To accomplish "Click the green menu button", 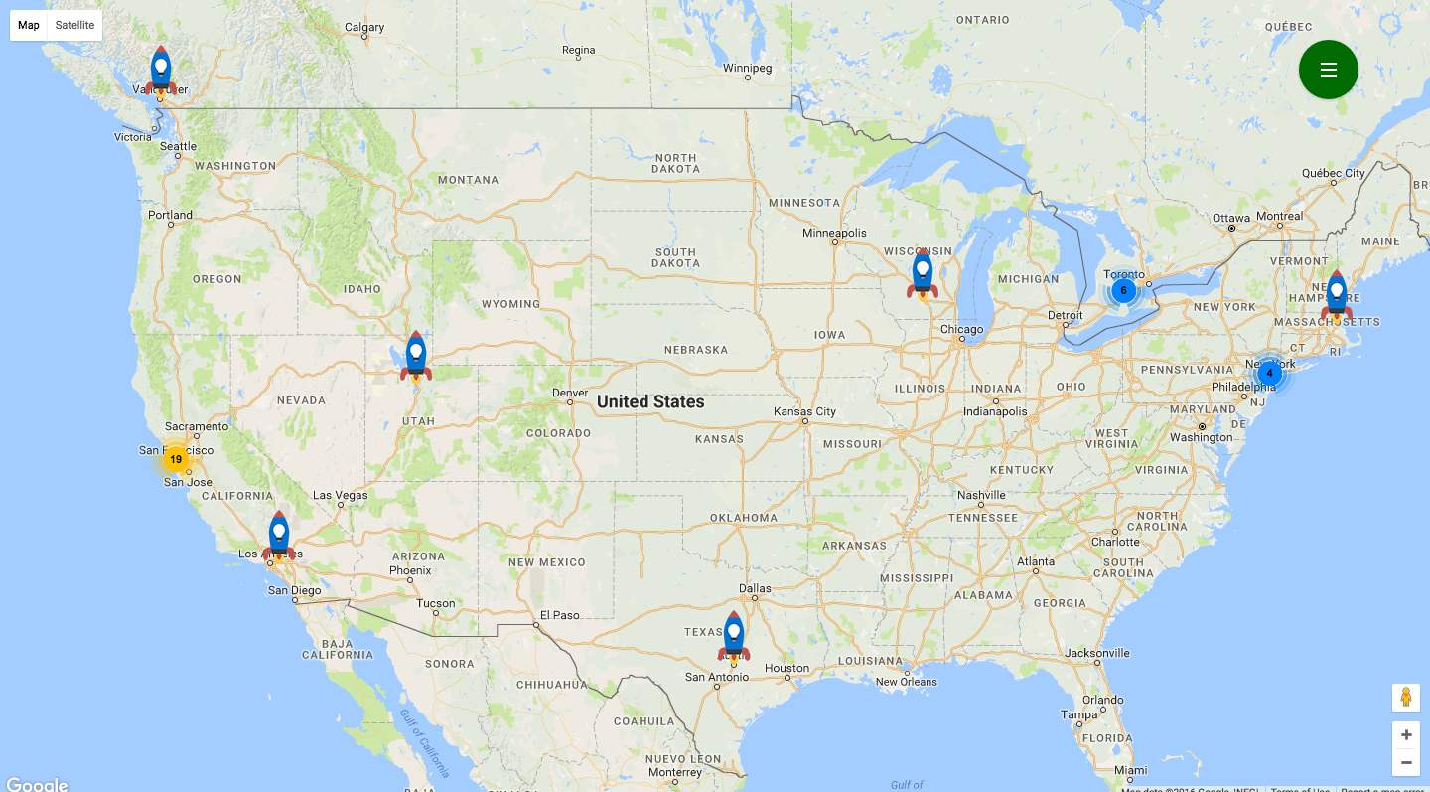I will point(1328,70).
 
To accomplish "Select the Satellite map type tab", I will point(74,25).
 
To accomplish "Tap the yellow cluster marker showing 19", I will point(176,459).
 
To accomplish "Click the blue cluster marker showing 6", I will point(1123,290).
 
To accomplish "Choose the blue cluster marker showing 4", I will point(1269,373).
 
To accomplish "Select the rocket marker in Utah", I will point(416,356).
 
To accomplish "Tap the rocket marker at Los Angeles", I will point(279,536).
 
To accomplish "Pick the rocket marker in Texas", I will point(734,636).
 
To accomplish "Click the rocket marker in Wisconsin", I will point(923,274).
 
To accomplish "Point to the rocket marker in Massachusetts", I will point(1337,295).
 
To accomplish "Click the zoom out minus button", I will point(1405,762).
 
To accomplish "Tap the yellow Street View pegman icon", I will point(1405,697).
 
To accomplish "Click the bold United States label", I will point(650,401).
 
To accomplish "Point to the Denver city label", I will point(570,393).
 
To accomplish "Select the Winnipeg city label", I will point(747,69).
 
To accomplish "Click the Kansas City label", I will point(805,411).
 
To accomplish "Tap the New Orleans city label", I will point(906,682).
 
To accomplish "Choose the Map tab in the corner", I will point(29,25).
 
